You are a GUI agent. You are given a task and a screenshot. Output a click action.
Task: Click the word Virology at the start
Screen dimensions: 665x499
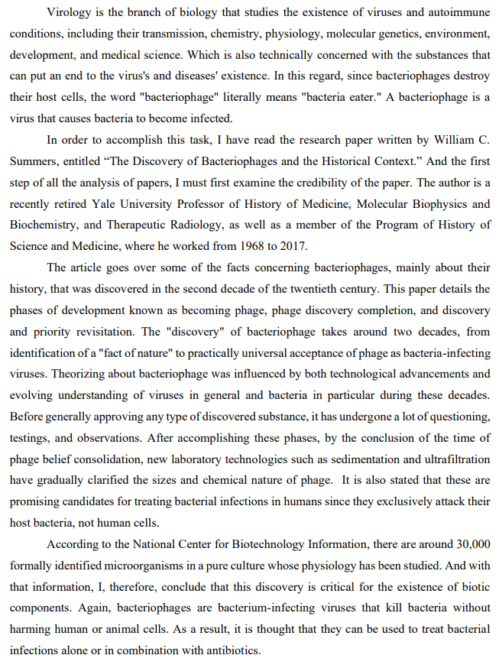point(69,13)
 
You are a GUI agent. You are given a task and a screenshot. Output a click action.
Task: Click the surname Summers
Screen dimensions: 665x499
point(35,162)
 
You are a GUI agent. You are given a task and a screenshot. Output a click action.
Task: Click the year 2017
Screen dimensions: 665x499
point(295,246)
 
